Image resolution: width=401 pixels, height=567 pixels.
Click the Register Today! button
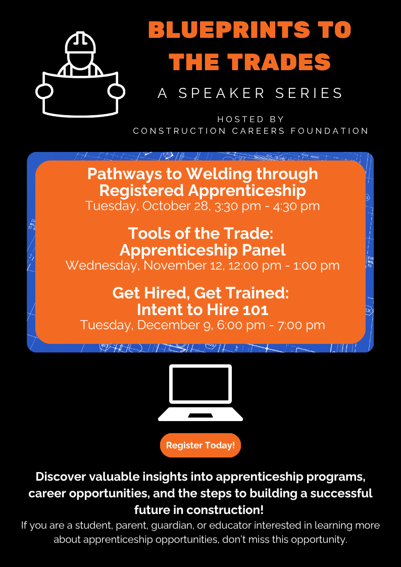click(201, 445)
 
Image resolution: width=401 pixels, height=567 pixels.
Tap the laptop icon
click(201, 393)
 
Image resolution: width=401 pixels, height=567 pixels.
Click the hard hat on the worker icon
click(81, 43)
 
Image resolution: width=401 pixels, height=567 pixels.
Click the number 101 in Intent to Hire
click(257, 310)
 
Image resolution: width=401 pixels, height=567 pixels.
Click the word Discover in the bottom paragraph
click(61, 477)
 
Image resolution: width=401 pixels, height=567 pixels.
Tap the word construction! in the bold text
click(225, 510)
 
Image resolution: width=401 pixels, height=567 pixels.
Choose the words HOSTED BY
click(250, 119)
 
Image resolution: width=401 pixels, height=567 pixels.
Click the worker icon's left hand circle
click(44, 91)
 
